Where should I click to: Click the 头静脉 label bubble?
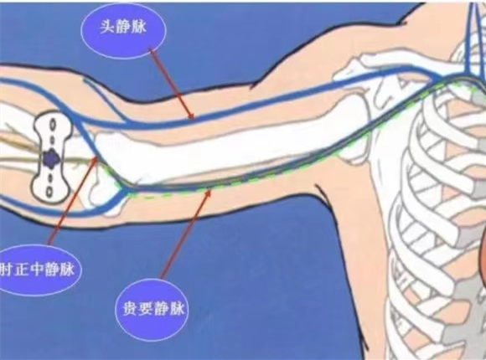[123, 30]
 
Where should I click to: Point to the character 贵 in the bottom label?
[131, 309]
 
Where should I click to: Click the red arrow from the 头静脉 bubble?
[172, 84]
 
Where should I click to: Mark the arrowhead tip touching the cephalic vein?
[194, 119]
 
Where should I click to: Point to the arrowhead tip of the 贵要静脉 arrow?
[211, 189]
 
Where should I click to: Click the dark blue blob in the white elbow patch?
[51, 158]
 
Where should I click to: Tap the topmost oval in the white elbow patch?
[53, 125]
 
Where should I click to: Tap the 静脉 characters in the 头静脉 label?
[131, 27]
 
